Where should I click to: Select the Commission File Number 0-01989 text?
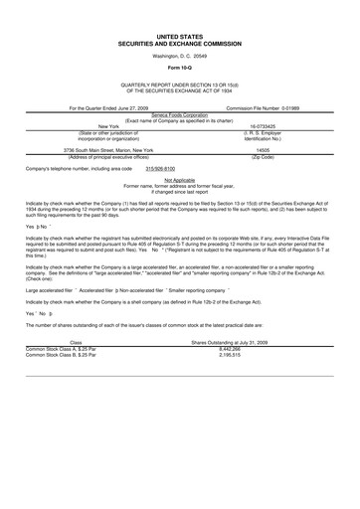263,106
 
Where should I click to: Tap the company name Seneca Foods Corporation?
179,114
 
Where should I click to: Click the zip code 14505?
263,148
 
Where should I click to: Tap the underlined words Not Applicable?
179,180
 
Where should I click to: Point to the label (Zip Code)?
263,154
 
